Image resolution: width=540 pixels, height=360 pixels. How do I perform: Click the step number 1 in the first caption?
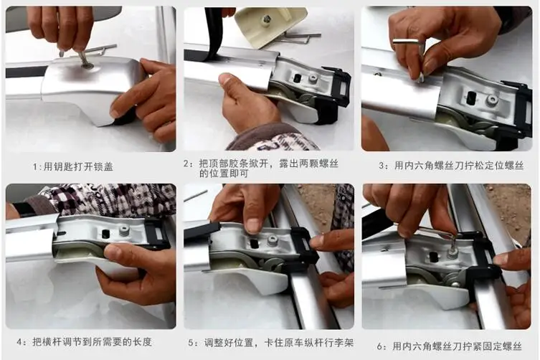(34, 167)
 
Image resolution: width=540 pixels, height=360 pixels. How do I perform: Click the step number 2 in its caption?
(186, 164)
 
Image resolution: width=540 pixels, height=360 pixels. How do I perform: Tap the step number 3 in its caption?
(382, 166)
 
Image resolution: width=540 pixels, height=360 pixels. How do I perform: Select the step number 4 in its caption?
(19, 342)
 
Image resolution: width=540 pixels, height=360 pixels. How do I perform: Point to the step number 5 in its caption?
(191, 343)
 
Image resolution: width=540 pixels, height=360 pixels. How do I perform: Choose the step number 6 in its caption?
(379, 346)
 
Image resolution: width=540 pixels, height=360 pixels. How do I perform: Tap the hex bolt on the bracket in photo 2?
(313, 78)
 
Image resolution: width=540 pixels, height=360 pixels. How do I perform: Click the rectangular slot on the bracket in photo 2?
(296, 78)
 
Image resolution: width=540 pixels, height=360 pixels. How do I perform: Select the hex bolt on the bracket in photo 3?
(491, 100)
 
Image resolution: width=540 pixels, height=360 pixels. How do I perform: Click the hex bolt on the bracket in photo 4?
(123, 230)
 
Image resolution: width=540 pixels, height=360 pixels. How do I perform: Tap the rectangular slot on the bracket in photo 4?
(105, 234)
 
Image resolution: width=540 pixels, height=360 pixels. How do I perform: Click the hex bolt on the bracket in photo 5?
(273, 240)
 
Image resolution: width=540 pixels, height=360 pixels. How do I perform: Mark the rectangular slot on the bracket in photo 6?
(433, 256)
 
